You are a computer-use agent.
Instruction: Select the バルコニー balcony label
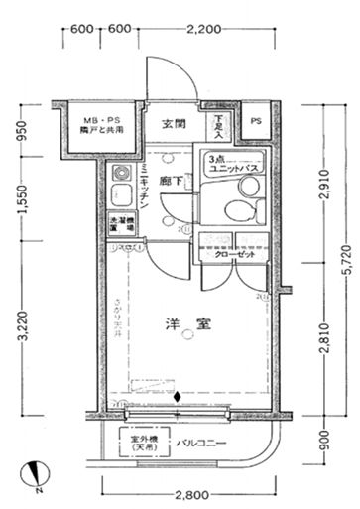coord(205,443)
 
